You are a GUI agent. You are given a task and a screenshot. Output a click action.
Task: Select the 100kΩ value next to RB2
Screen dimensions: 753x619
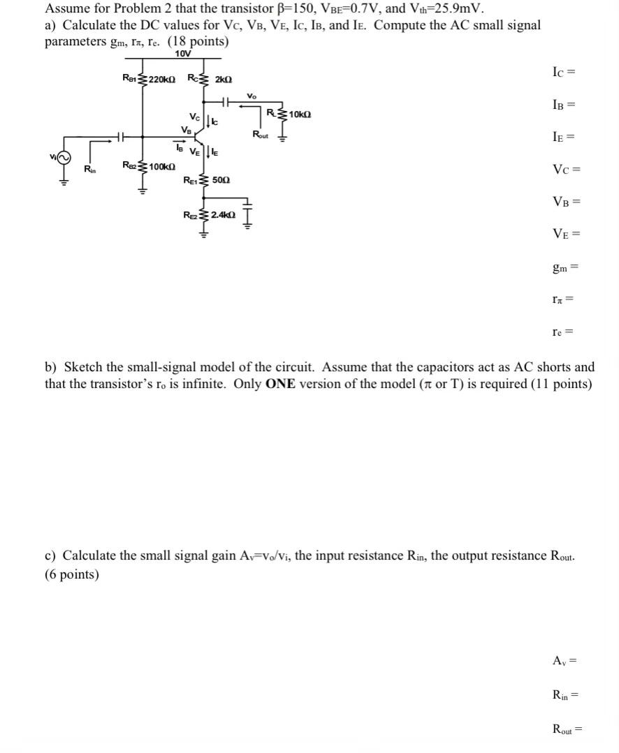161,166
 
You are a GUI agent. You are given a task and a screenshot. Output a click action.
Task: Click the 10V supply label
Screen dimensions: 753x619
182,54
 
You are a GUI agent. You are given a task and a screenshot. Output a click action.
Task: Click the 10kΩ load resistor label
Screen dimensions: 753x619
298,114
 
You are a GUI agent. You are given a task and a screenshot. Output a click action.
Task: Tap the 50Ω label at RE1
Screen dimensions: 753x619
221,180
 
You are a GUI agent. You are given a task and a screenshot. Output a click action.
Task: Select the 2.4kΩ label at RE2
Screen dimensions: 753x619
223,215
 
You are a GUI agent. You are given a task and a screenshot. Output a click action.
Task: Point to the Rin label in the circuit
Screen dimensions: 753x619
89,168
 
